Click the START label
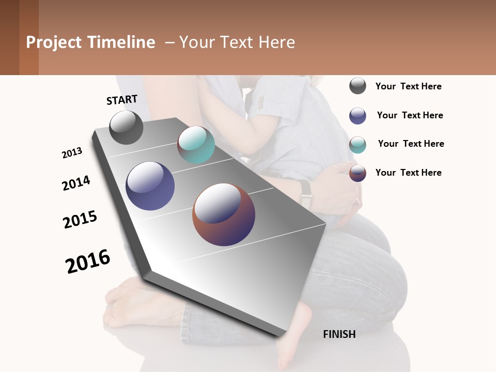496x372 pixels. (122, 100)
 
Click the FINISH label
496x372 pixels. (339, 334)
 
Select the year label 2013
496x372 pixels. (72, 153)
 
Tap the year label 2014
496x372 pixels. (76, 183)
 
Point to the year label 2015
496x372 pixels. (80, 220)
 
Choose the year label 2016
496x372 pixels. (88, 261)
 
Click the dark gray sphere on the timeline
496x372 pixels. (126, 127)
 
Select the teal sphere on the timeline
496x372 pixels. (196, 145)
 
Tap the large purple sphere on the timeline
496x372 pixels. (150, 186)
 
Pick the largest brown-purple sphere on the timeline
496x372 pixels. (224, 214)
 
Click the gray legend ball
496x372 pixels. (358, 86)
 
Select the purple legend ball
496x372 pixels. (358, 116)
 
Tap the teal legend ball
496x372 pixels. (358, 145)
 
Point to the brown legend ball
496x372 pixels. (358, 173)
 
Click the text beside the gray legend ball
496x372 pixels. (408, 86)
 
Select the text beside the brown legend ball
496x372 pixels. (408, 173)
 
